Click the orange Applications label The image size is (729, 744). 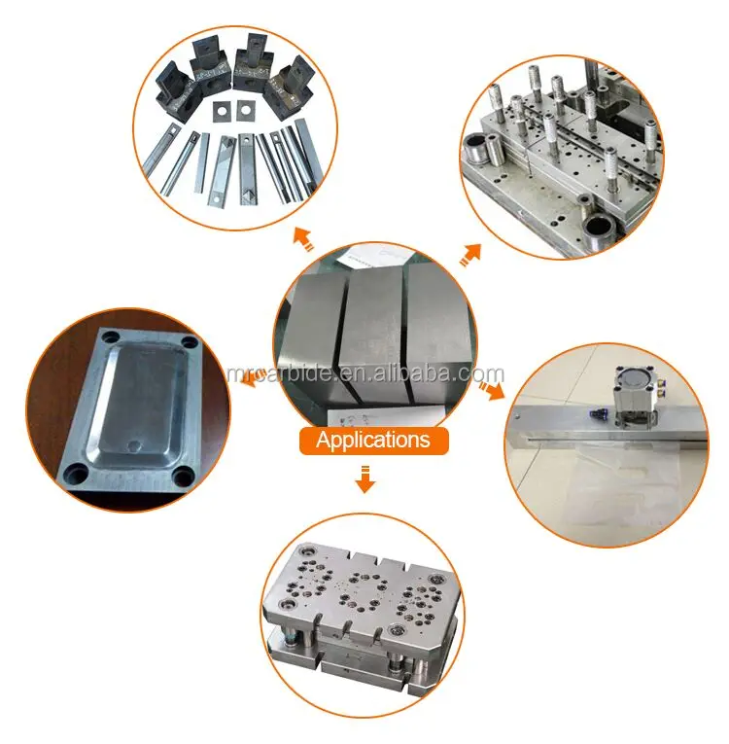point(373,440)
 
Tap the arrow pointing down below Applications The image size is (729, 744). point(364,478)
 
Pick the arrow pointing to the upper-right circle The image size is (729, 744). point(471,255)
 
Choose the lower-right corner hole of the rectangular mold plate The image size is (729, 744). point(181,478)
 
